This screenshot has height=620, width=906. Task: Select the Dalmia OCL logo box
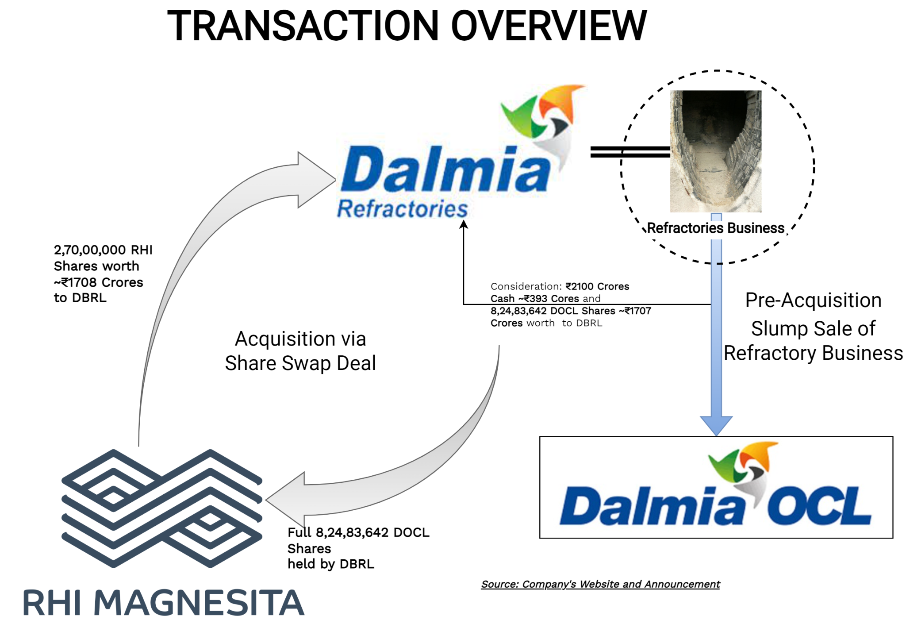coord(716,487)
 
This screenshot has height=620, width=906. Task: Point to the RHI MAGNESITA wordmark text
coord(163,603)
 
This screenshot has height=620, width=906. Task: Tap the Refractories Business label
coord(715,228)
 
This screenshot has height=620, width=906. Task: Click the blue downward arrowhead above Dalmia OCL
coord(716,425)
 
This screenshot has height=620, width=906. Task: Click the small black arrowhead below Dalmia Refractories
coord(464,224)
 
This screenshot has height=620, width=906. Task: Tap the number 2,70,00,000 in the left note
coord(84,250)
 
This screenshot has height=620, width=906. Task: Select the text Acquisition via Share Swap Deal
coord(300,351)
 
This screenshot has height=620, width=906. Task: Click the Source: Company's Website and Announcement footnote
coord(600,584)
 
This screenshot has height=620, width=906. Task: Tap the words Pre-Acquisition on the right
coord(813,300)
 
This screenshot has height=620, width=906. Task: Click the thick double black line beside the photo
coord(630,152)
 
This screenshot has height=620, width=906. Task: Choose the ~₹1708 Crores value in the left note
coord(99,282)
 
